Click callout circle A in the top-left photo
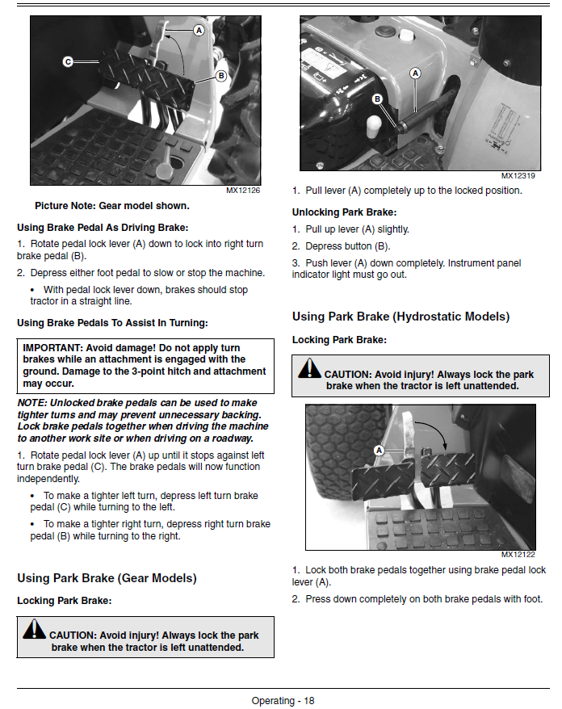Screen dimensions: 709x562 (198, 29)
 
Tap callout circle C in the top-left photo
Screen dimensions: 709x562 (68, 61)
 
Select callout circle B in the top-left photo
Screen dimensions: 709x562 (220, 75)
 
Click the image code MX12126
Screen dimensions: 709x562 (243, 191)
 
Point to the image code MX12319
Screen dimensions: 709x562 (519, 175)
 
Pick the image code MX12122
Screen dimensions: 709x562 (518, 554)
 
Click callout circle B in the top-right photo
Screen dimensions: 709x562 (376, 99)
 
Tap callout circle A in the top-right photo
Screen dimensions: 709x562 (416, 73)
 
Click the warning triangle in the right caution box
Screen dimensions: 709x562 (309, 370)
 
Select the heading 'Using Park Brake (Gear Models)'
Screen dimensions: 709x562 (107, 578)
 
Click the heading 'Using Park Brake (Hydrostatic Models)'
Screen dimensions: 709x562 (401, 317)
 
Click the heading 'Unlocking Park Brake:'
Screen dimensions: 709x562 (342, 212)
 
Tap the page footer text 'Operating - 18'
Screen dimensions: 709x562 (283, 700)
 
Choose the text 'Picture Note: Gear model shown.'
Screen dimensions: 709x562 (111, 206)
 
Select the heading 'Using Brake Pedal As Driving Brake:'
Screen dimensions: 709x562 (102, 227)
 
